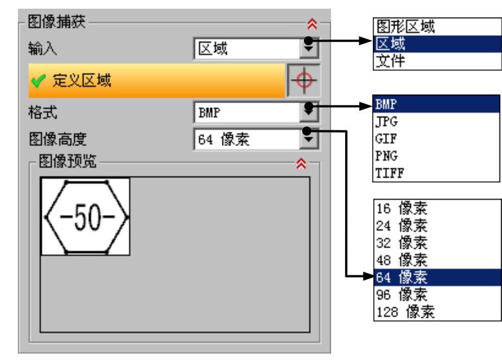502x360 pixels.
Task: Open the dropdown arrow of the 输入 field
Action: [x=310, y=50]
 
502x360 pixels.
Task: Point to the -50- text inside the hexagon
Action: [x=86, y=217]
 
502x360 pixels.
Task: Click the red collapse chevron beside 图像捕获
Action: [x=311, y=25]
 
